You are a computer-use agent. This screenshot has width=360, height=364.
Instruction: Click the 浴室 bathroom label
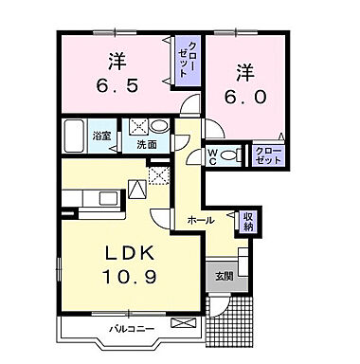coord(101,135)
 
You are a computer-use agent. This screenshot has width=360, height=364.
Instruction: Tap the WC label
coord(214,156)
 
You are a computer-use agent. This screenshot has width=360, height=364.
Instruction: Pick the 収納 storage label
coord(247,221)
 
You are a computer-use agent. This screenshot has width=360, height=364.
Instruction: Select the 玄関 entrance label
coord(223,276)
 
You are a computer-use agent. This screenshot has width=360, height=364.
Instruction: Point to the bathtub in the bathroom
coord(76,135)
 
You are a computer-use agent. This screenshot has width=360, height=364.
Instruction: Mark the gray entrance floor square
coord(223,275)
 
